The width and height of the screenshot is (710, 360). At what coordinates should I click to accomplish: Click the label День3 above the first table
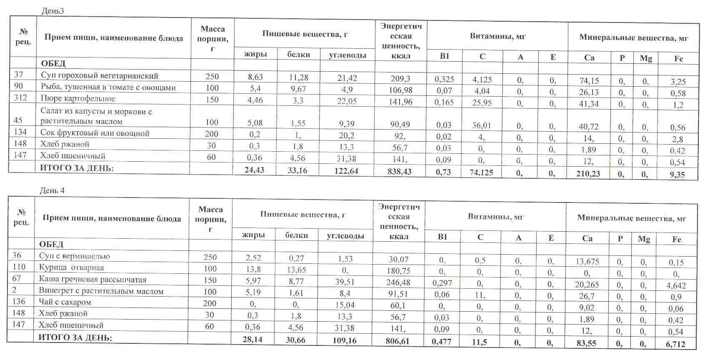[52, 11]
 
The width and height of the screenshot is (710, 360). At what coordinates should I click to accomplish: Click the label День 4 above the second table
[52, 190]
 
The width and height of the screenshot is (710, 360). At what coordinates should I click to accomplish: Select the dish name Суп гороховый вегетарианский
[99, 76]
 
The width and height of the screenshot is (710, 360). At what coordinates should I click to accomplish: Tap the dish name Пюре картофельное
[77, 99]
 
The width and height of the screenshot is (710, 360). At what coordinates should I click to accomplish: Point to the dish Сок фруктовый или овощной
[95, 133]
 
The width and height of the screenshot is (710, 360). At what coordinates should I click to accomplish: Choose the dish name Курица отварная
[71, 267]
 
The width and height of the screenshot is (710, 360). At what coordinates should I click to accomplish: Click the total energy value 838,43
[399, 171]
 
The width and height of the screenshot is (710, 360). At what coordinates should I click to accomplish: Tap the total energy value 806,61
[397, 341]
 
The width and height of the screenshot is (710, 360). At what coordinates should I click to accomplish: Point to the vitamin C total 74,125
[481, 172]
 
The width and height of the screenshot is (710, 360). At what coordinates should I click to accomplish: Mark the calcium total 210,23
[588, 173]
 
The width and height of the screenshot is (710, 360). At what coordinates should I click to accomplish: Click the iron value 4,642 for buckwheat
[676, 286]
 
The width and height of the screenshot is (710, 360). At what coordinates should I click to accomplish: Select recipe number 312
[20, 97]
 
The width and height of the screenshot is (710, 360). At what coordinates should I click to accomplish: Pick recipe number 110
[19, 267]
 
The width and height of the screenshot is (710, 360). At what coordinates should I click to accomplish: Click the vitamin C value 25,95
[482, 102]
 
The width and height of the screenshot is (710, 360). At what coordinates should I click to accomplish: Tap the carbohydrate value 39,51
[345, 282]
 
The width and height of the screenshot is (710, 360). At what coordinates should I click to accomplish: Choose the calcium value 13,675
[587, 262]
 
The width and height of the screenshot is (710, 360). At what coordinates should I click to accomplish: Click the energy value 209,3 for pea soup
[400, 78]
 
